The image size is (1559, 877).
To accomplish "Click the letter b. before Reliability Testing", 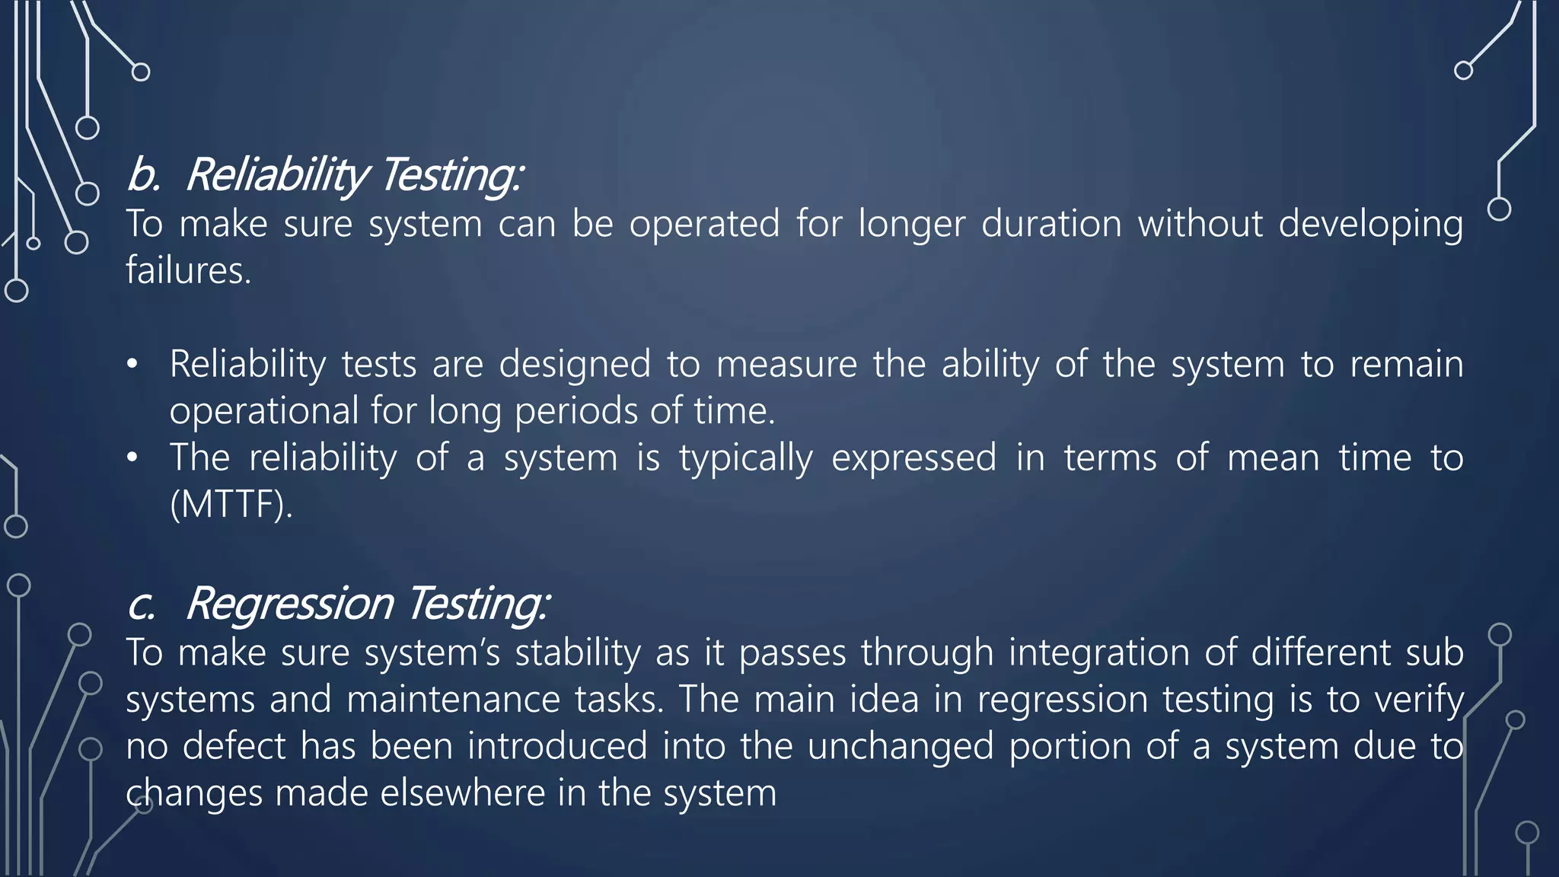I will tap(143, 174).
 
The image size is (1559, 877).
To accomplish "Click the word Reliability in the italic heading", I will tap(277, 174).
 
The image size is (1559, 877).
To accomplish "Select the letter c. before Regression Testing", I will tap(142, 604).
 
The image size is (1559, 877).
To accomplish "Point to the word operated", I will tap(704, 225).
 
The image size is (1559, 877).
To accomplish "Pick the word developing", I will tap(1370, 225).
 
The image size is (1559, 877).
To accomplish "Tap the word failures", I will tap(187, 271).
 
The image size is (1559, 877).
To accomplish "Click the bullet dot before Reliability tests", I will tap(132, 365).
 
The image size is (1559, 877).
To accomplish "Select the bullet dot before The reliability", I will tap(132, 458).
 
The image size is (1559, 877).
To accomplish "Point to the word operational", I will tap(263, 412).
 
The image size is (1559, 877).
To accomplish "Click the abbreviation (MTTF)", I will tap(231, 504).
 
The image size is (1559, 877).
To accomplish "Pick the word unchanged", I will tap(901, 747).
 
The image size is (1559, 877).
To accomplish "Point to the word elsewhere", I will tap(462, 793).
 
